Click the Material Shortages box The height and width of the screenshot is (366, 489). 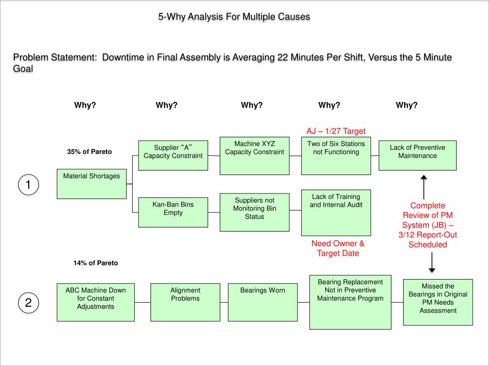click(x=92, y=183)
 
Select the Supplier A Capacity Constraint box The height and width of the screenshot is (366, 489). click(x=173, y=155)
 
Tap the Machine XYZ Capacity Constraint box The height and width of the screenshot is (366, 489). click(x=255, y=155)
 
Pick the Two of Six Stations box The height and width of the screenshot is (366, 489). click(x=336, y=155)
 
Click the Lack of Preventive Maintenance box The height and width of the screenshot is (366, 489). click(x=417, y=155)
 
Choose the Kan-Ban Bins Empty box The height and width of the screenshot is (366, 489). click(x=173, y=212)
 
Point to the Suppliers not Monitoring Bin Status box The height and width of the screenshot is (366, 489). click(x=255, y=212)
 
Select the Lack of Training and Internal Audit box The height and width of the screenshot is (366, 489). click(x=336, y=212)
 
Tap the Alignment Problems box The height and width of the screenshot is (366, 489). click(x=185, y=302)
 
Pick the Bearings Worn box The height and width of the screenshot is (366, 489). click(x=262, y=302)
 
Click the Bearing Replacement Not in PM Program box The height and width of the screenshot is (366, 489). click(x=350, y=302)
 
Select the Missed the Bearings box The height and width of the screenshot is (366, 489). click(x=438, y=302)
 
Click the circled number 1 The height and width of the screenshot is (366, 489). click(x=28, y=185)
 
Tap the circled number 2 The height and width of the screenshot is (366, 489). click(x=28, y=303)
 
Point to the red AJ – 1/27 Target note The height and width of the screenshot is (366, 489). click(x=336, y=131)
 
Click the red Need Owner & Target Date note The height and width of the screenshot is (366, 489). click(x=338, y=248)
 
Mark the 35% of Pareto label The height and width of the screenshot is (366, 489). click(x=89, y=152)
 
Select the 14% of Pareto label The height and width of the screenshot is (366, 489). click(x=96, y=263)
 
